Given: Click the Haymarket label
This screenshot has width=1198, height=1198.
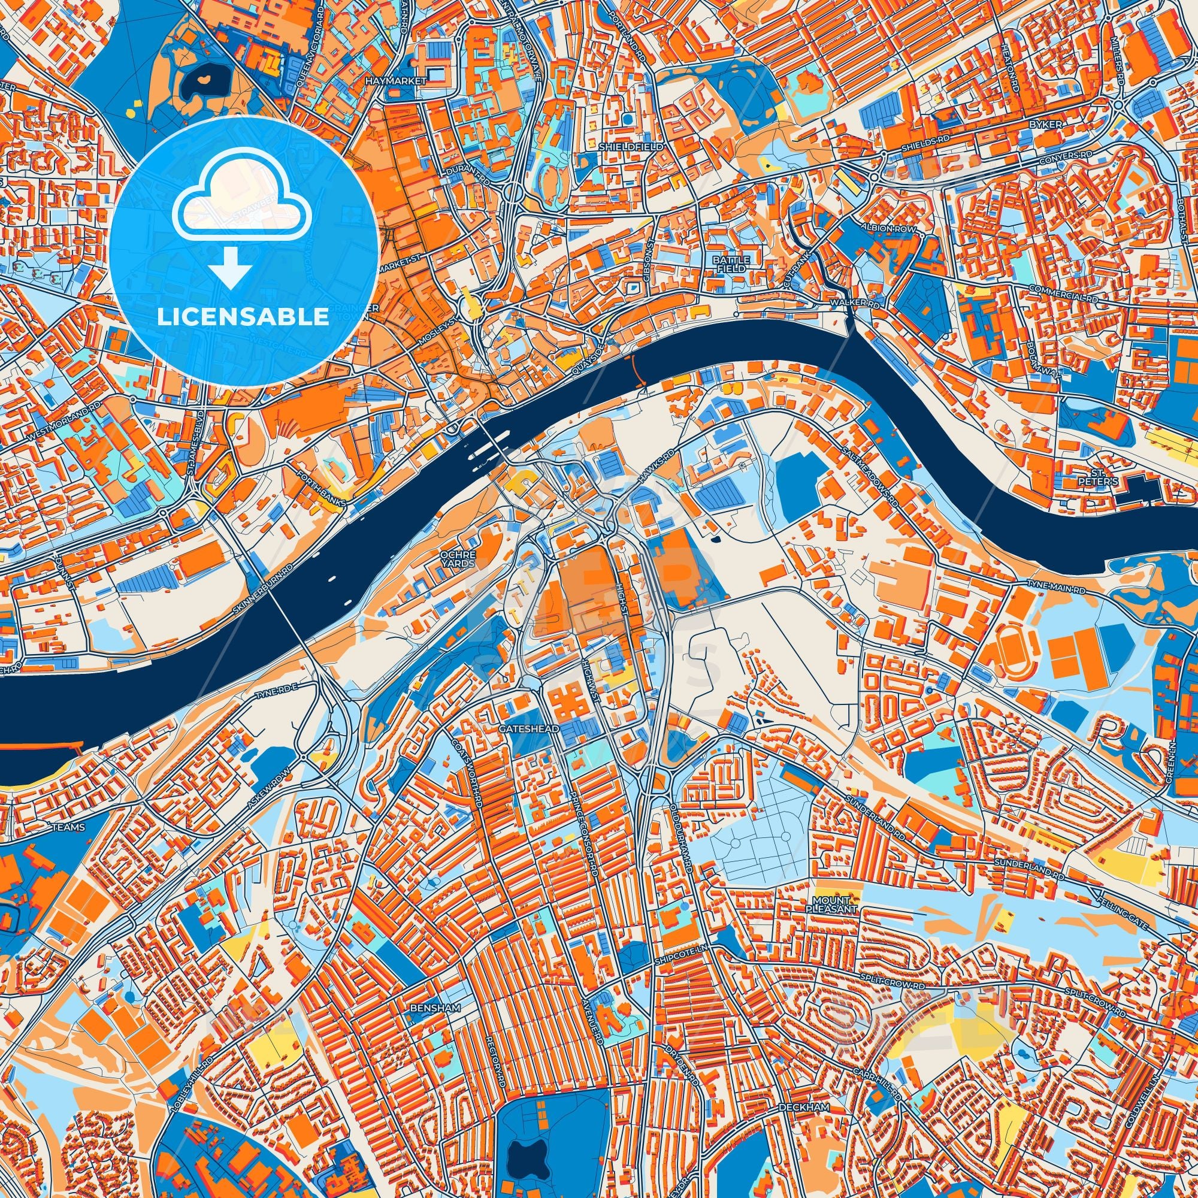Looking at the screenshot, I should tap(405, 81).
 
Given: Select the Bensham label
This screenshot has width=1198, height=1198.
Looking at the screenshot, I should tap(435, 1008).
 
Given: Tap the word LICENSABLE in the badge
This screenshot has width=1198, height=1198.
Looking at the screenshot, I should tap(243, 317).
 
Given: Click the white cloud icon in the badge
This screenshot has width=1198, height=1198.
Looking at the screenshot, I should tap(243, 208).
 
